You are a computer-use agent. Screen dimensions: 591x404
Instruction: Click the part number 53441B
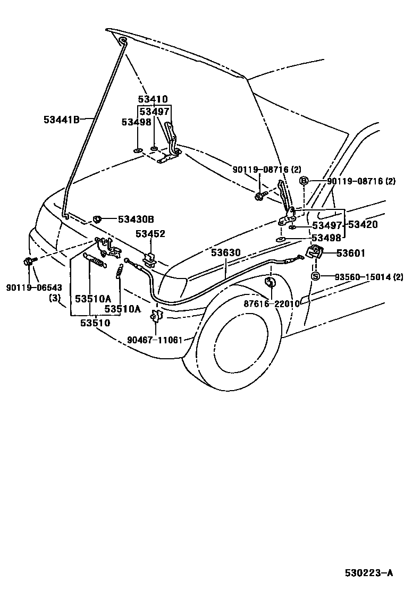61,120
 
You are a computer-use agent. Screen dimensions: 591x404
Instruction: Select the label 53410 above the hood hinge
153,99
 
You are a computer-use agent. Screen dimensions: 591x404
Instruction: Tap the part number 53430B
136,218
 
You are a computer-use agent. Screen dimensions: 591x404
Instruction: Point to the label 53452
150,234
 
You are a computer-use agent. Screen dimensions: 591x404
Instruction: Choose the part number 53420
363,225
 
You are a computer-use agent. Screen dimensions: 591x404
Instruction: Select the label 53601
350,254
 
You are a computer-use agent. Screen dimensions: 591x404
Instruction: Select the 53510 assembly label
95,322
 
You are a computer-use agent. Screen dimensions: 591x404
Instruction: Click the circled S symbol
315,276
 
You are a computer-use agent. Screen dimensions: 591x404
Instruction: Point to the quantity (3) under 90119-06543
55,298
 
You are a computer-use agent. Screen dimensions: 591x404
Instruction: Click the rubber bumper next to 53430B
98,218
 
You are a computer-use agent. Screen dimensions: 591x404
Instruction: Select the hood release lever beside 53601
316,253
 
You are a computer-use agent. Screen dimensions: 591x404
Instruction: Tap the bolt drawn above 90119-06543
28,261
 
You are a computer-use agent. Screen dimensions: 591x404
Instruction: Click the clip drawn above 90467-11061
156,316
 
